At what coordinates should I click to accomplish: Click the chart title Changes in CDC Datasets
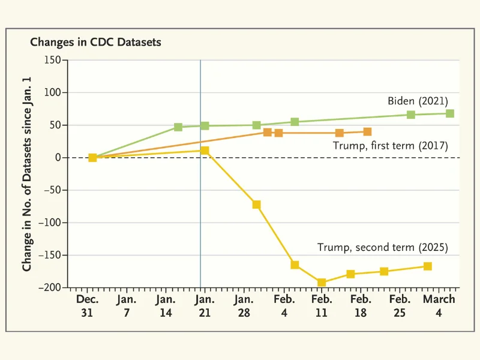pos(95,43)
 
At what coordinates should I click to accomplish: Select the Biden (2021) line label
pos(418,101)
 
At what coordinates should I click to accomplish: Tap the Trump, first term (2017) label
pos(391,145)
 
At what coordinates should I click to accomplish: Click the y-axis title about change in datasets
pos(28,174)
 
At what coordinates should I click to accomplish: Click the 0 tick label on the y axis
pos(59,158)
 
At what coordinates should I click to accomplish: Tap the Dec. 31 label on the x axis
pos(88,305)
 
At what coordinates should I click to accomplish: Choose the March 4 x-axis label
pos(439,305)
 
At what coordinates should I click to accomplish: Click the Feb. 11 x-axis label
pos(322,305)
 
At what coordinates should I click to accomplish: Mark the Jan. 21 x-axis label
pos(205,305)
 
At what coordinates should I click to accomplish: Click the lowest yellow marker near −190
pos(322,283)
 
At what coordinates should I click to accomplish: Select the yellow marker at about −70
pos(257,205)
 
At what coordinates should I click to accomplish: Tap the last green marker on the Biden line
pos(450,113)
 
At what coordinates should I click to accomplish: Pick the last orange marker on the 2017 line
pos(367,131)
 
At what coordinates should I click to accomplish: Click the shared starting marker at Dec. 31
pos(92,158)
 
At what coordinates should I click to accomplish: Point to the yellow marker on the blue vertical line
pos(205,150)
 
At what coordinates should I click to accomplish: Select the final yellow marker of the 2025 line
pos(428,266)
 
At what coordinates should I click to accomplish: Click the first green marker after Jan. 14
pos(178,127)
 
